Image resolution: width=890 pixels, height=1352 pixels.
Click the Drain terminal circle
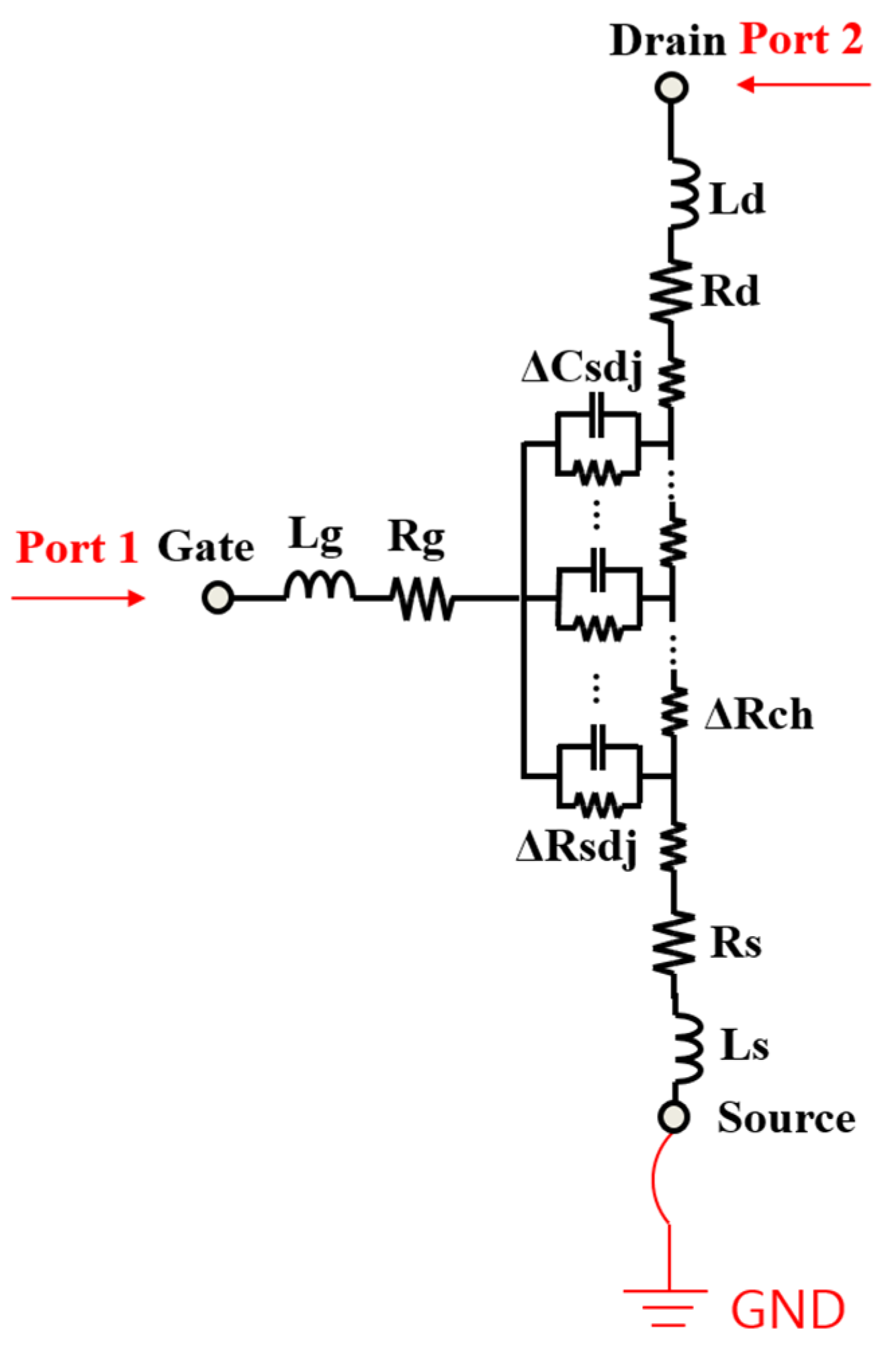tap(671, 88)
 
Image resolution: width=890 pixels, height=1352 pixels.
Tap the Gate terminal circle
tap(218, 597)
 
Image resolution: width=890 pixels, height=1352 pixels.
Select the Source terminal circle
tap(673, 1117)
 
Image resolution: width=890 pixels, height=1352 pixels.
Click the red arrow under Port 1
tap(78, 598)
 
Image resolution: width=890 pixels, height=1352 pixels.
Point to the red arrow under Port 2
tap(803, 85)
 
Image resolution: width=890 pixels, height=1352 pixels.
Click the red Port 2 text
tap(801, 40)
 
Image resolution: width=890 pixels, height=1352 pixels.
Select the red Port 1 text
tap(77, 547)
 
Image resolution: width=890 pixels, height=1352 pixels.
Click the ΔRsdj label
tap(576, 848)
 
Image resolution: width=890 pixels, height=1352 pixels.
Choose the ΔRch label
tap(758, 714)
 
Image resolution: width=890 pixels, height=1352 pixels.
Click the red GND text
tap(787, 1310)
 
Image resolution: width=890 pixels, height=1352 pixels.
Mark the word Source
tap(786, 1118)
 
